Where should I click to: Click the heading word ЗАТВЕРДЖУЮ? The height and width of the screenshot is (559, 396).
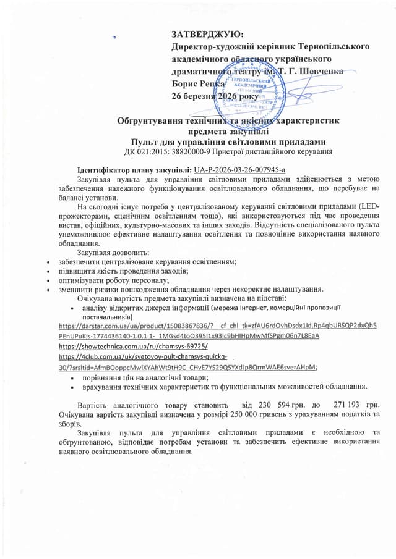(x=207, y=34)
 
